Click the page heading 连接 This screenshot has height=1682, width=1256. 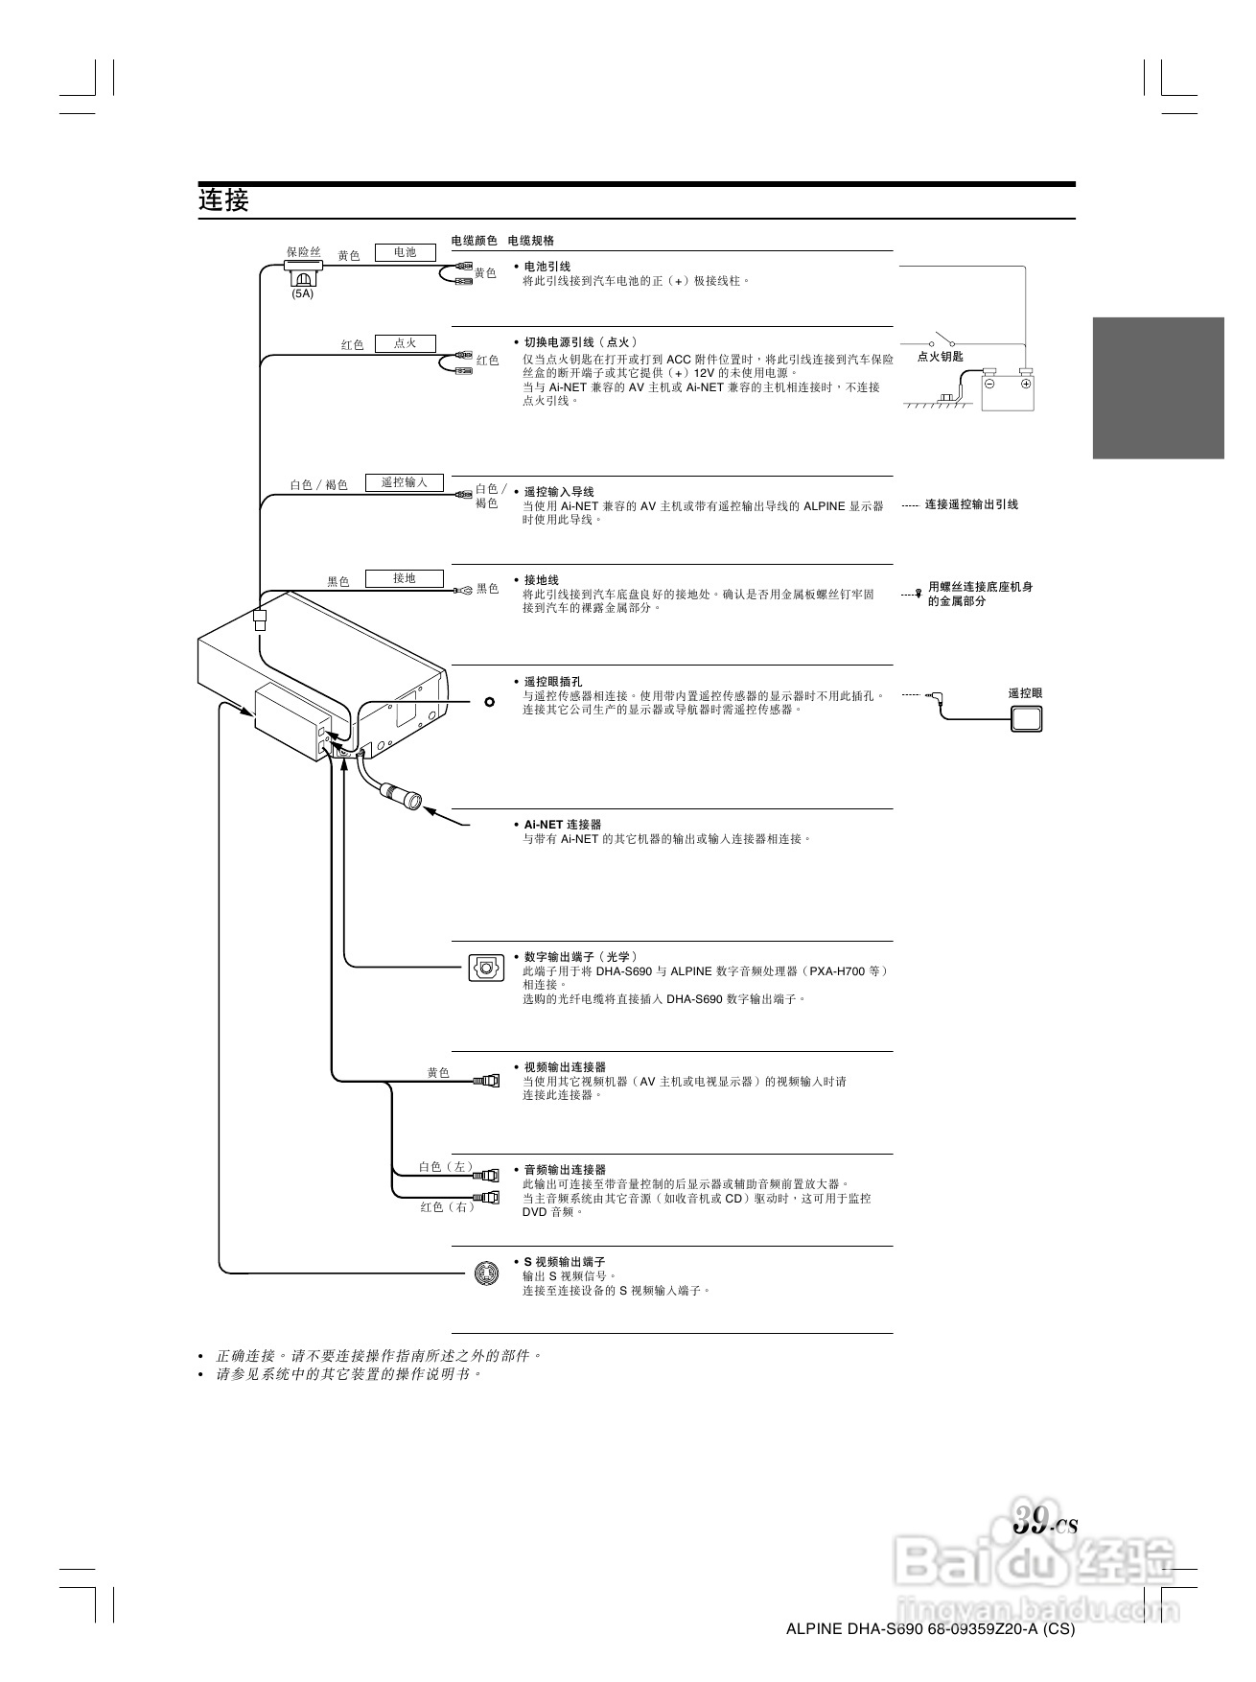(223, 200)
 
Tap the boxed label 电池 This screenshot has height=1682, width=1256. (405, 252)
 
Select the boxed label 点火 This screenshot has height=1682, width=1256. (405, 343)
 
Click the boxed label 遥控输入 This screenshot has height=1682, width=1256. (404, 482)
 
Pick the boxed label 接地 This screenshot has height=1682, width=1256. (404, 578)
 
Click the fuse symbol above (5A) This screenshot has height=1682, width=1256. (303, 273)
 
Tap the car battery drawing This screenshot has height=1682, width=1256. (1008, 391)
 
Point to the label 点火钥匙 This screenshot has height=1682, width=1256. (940, 356)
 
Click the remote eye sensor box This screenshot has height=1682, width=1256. (1027, 718)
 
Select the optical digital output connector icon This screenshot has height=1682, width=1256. (486, 968)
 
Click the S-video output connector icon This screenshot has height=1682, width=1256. (487, 1273)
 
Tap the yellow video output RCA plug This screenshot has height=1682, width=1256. (488, 1081)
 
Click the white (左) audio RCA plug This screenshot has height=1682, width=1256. (488, 1174)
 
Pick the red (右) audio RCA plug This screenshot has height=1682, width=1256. (488, 1198)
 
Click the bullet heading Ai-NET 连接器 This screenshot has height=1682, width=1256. (562, 825)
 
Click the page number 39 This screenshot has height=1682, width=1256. (1032, 1522)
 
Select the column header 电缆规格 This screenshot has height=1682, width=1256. (530, 240)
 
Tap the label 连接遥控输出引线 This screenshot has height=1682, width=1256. (971, 504)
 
